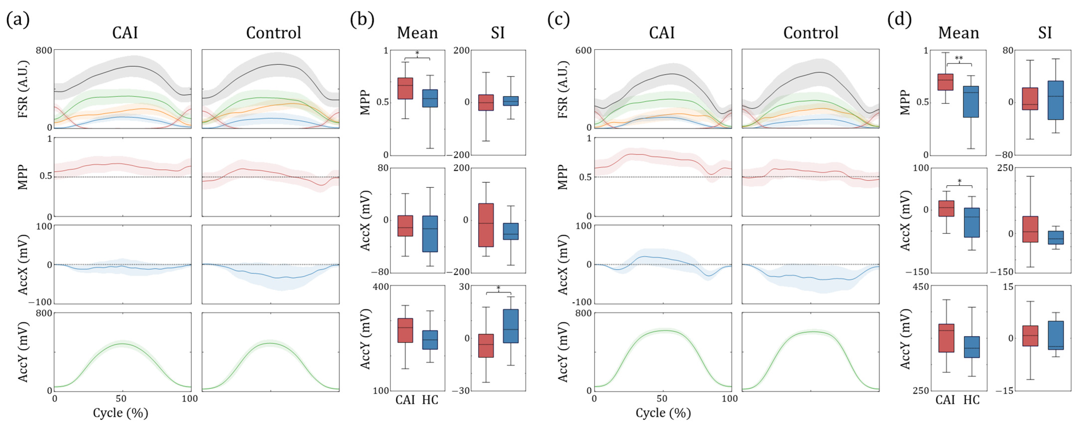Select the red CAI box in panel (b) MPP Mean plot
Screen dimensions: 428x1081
405,88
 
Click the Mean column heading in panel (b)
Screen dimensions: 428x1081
417,33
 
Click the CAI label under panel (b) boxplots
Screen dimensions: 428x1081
405,400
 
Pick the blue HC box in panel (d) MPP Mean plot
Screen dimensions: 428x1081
971,101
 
